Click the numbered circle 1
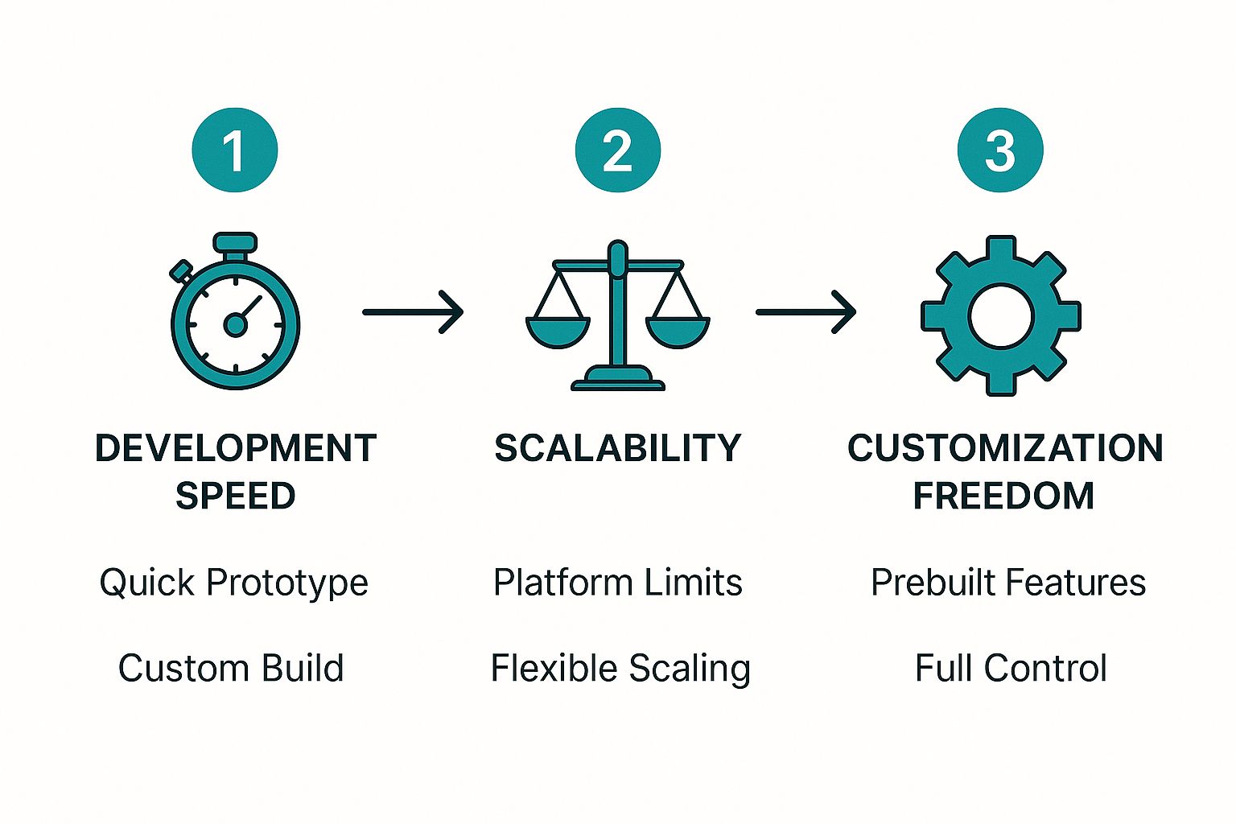(234, 150)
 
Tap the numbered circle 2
(617, 150)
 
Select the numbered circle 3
(999, 150)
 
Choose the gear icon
(1000, 315)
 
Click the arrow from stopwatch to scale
(413, 311)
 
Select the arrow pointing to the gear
(805, 311)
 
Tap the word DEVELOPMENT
(235, 448)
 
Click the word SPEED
(235, 496)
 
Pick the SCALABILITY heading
(617, 448)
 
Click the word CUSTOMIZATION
(1005, 448)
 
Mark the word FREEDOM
(1003, 496)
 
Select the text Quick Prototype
(233, 583)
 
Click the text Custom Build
(231, 668)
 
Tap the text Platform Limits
(617, 583)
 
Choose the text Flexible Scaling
(620, 669)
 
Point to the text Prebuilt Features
(1007, 583)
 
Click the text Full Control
(1011, 668)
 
